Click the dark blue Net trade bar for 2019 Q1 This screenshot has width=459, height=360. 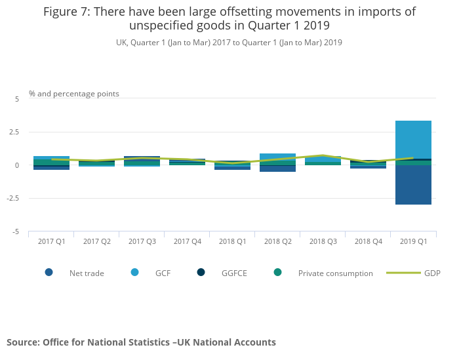tap(413, 185)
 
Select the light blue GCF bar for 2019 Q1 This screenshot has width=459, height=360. tap(413, 139)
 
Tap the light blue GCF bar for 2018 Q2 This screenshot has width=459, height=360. tap(277, 157)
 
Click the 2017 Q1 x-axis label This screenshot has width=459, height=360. tap(51, 241)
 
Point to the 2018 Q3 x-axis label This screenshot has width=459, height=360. tap(323, 241)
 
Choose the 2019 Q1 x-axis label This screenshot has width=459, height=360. tap(413, 241)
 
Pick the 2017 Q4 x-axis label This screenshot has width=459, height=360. tap(187, 241)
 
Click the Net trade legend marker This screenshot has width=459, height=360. tap(49, 273)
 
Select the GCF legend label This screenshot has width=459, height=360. tap(163, 273)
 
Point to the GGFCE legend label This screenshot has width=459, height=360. tap(234, 273)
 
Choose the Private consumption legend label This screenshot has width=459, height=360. tap(335, 273)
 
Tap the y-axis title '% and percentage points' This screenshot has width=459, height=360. tap(74, 94)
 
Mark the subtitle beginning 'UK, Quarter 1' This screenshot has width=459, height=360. tap(229, 43)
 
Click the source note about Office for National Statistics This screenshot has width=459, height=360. tap(141, 342)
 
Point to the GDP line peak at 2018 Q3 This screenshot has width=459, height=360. tap(323, 155)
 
